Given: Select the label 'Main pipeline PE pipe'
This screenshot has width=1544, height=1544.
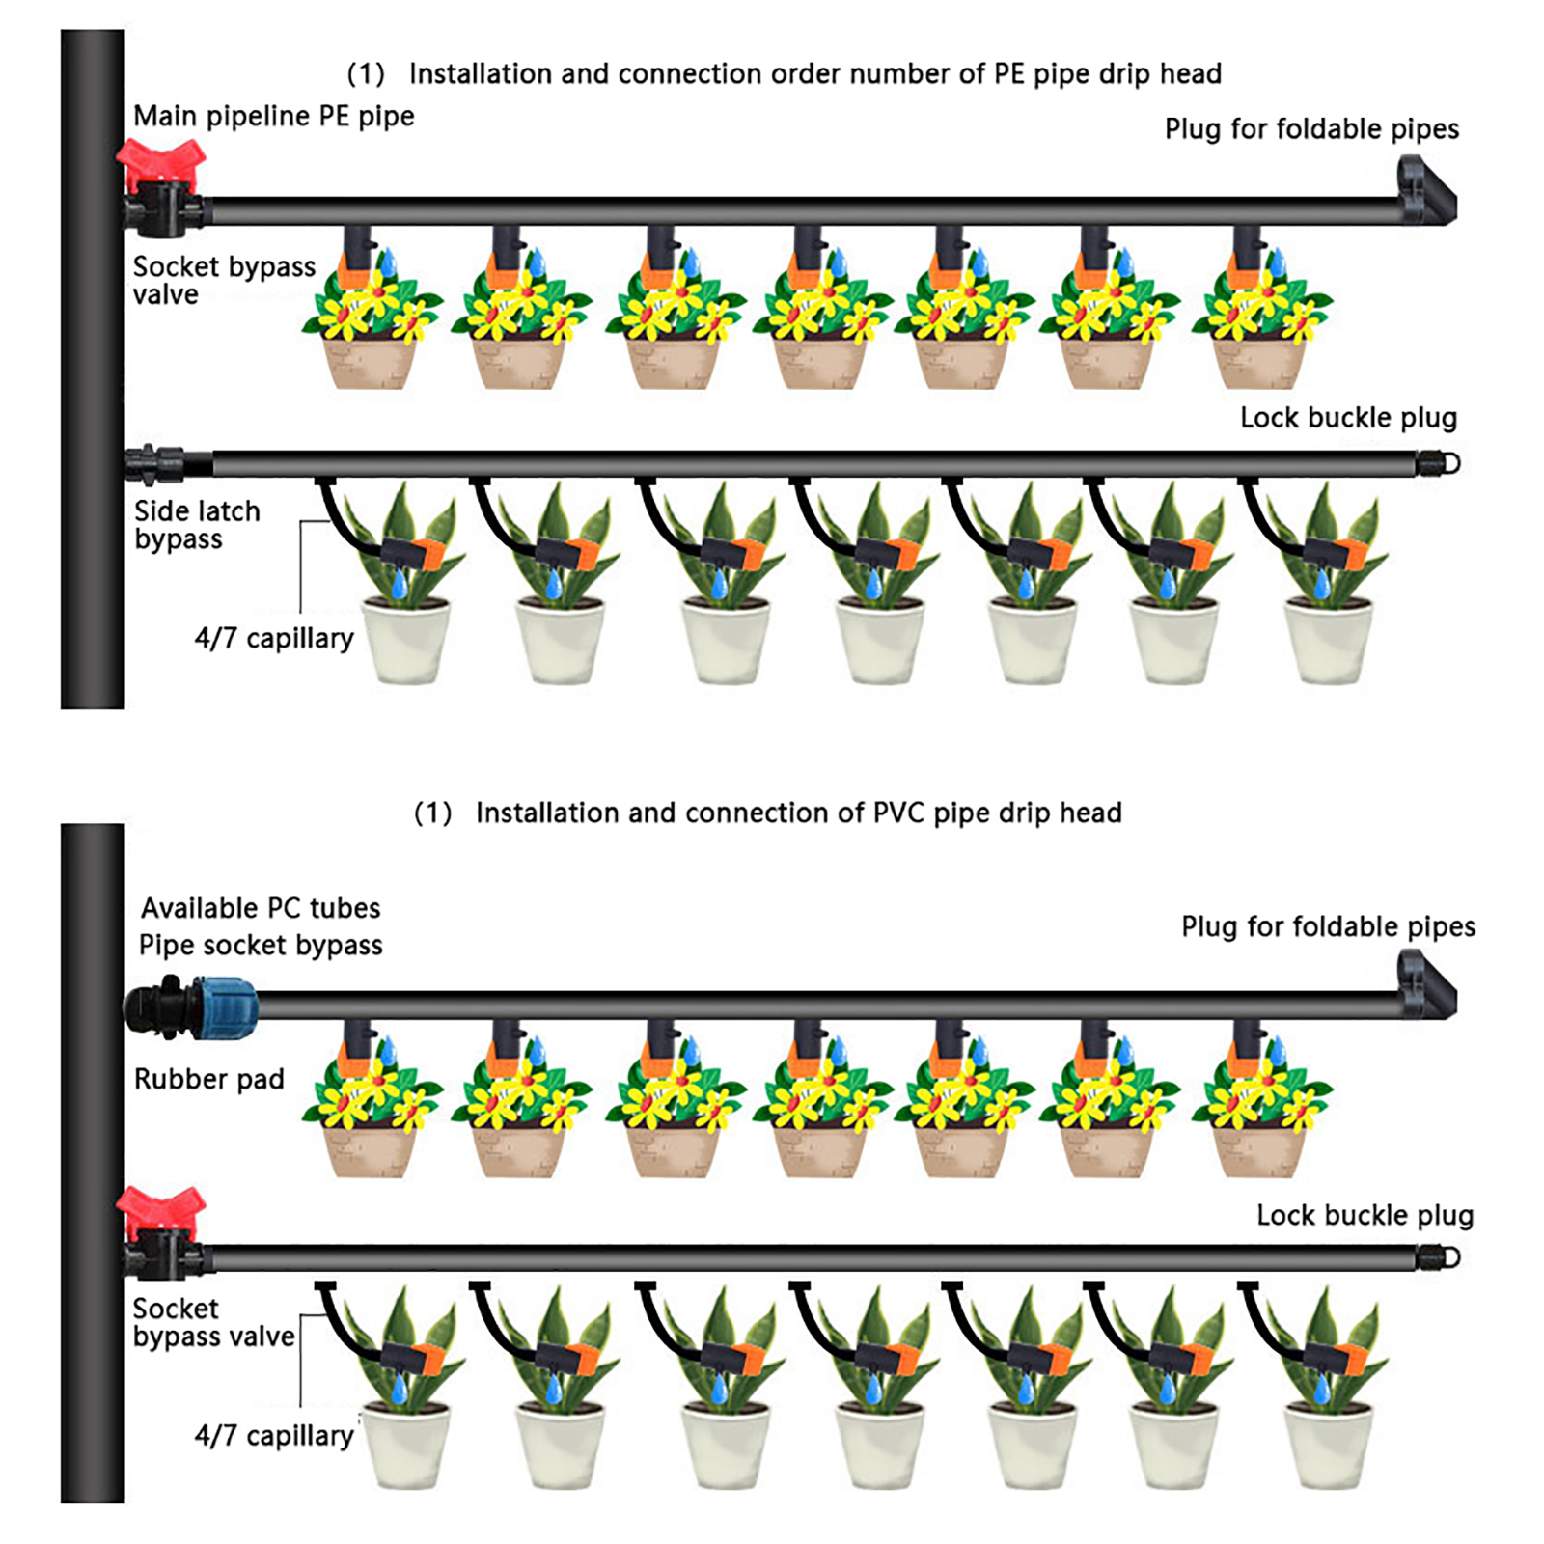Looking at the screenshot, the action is coord(274,116).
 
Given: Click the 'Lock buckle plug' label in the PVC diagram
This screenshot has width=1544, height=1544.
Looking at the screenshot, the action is coord(1365,1215).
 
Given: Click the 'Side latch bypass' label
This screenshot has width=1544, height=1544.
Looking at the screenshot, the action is coord(197,525).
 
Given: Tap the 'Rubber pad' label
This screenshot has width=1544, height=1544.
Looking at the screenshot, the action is coord(209,1079).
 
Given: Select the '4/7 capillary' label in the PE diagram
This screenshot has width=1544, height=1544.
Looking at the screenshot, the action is coord(274,638).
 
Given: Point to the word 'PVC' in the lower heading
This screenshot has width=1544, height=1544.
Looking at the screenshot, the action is coord(899,813).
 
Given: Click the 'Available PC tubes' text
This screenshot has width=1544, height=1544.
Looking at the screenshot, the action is coord(261,908).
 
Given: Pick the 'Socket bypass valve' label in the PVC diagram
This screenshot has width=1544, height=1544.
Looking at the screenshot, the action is coord(213,1322).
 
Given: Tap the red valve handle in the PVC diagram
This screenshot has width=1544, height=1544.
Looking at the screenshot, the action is coord(160,1212).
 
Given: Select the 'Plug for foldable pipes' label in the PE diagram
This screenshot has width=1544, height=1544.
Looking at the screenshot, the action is coord(1311,129).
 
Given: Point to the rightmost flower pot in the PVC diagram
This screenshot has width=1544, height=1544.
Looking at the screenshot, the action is coord(1260,1148).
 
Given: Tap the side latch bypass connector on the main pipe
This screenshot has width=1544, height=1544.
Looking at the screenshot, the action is coord(155,464).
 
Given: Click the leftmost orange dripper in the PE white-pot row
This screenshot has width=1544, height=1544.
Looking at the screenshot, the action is coord(425,554).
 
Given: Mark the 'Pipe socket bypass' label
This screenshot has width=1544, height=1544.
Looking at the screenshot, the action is coord(261,946).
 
